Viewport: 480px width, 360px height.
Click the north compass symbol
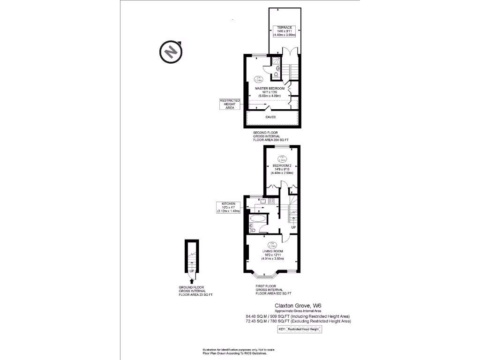pyautogui.click(x=172, y=52)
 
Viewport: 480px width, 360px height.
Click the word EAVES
pyautogui.click(x=271, y=117)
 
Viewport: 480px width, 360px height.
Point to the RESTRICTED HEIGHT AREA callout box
pyautogui.click(x=230, y=104)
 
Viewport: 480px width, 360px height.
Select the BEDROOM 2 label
pyautogui.click(x=282, y=166)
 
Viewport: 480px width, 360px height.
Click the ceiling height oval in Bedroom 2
pyautogui.click(x=282, y=159)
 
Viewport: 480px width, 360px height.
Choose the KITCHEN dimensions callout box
pyautogui.click(x=228, y=207)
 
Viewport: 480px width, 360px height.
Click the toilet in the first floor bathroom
pyautogui.click(x=252, y=228)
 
